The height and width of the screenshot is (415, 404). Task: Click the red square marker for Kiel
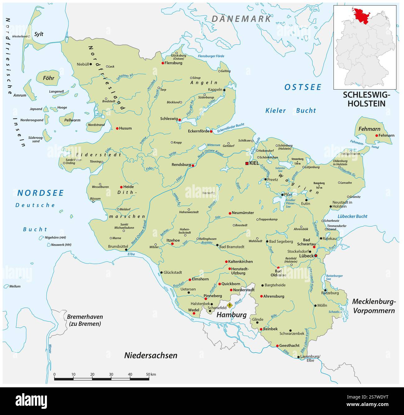click(247, 163)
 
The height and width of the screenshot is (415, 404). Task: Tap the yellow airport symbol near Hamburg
click(230, 305)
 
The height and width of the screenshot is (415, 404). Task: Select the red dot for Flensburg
click(163, 63)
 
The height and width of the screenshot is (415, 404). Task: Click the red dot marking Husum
click(117, 128)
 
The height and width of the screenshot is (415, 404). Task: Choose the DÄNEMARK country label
click(241, 19)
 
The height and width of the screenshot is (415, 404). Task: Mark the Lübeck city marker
click(316, 256)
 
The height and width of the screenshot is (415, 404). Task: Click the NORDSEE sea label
click(40, 193)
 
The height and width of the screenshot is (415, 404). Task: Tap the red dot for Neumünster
click(230, 213)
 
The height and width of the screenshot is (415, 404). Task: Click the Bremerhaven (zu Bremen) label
click(85, 320)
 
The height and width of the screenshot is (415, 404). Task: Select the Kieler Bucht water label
click(290, 110)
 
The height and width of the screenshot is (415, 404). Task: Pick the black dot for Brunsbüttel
click(126, 249)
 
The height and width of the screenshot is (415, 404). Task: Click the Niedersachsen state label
click(151, 355)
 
